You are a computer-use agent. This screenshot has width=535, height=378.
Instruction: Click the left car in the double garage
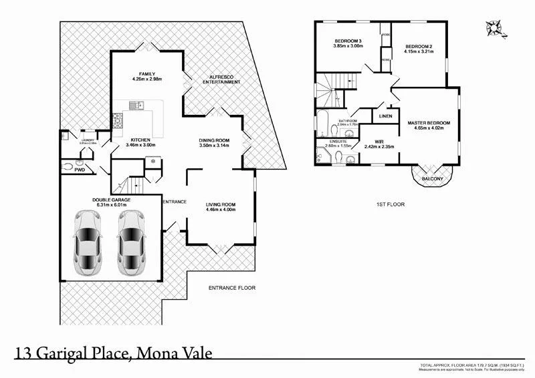pyautogui.click(x=88, y=243)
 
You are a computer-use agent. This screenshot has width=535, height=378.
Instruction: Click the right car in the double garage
pyautogui.click(x=131, y=243)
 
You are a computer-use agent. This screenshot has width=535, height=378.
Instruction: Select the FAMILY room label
pyautogui.click(x=147, y=73)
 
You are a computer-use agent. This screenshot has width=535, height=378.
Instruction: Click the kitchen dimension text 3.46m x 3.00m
pyautogui.click(x=140, y=145)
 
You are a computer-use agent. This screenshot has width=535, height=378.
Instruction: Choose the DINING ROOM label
pyautogui.click(x=215, y=140)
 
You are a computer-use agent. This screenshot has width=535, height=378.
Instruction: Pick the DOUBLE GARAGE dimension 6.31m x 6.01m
pyautogui.click(x=112, y=205)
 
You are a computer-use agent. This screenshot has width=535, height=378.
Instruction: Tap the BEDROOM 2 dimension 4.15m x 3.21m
pyautogui.click(x=419, y=51)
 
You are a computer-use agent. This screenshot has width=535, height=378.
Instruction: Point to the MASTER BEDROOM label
pyautogui.click(x=429, y=123)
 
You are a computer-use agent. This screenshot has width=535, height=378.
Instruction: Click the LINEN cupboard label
pyautogui.click(x=386, y=117)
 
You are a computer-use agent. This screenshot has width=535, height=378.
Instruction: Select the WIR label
pyautogui.click(x=379, y=141)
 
